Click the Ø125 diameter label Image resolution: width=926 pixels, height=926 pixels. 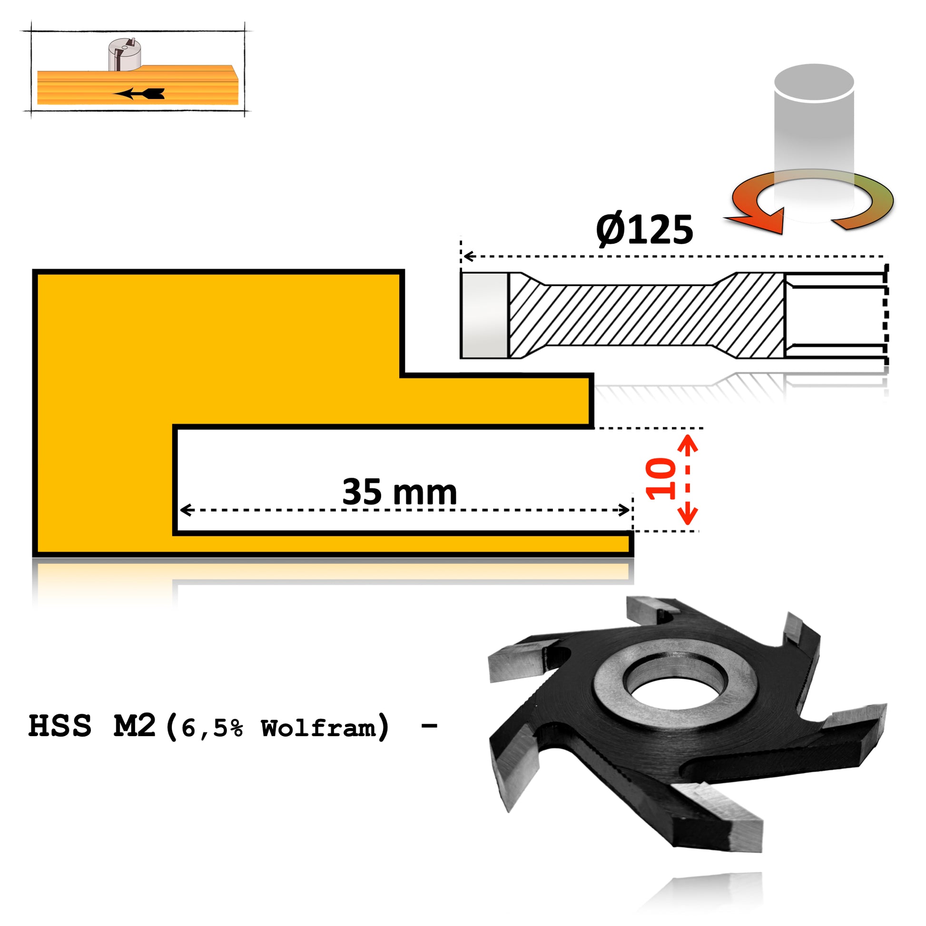644,229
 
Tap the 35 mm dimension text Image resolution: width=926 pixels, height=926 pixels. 399,492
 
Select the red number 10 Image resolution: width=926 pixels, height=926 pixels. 661,479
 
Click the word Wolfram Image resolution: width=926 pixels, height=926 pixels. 318,728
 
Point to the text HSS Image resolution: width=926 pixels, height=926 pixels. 60,726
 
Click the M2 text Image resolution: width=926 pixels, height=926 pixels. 135,726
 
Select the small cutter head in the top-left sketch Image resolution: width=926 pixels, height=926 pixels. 124,55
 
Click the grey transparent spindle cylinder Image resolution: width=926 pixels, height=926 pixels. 813,129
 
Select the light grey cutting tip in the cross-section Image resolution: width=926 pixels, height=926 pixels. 483,315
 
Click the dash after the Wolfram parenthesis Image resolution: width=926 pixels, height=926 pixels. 429,727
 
